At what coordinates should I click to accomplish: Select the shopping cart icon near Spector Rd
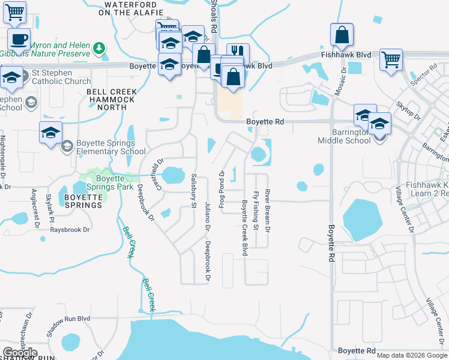pyautogui.click(x=391, y=60)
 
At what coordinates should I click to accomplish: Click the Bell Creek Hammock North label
pyautogui.click(x=112, y=100)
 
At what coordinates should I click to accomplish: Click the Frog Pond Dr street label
pyautogui.click(x=221, y=190)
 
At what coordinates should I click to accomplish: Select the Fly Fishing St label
pyautogui.click(x=255, y=211)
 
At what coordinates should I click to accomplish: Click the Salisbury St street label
pyautogui.click(x=193, y=191)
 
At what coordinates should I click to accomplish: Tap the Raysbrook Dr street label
pyautogui.click(x=70, y=230)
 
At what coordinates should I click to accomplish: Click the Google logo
pyautogui.click(x=20, y=352)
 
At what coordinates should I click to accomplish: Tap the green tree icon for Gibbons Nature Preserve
pyautogui.click(x=98, y=47)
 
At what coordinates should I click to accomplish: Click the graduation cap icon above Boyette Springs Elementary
pyautogui.click(x=51, y=133)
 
